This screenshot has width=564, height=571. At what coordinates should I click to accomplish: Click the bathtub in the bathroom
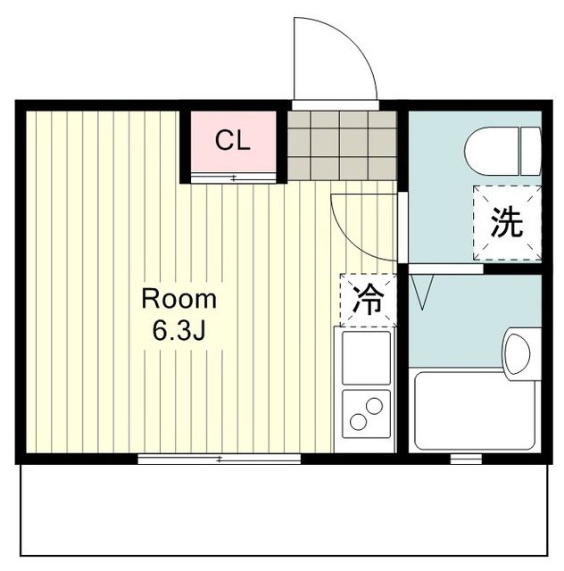[474, 410]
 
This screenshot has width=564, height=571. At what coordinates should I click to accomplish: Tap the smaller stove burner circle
[375, 406]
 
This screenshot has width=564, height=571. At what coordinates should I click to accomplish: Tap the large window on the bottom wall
[219, 459]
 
